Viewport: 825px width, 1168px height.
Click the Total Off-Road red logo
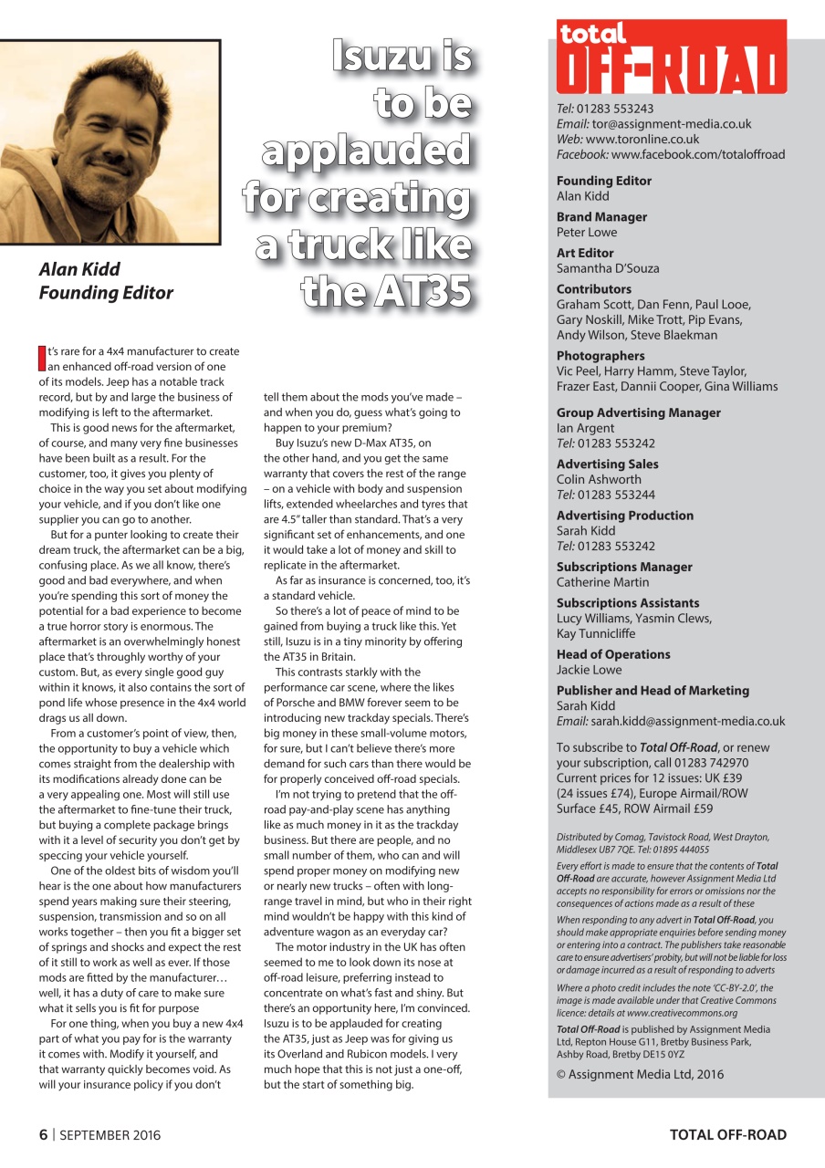(x=671, y=57)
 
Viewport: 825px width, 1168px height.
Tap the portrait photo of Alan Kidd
(x=110, y=142)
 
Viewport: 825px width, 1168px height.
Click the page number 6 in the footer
(x=42, y=1135)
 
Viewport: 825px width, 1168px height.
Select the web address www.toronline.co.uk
(x=642, y=140)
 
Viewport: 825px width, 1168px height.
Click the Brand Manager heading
(x=601, y=217)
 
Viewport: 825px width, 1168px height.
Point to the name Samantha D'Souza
(x=608, y=268)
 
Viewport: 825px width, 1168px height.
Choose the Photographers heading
(x=600, y=356)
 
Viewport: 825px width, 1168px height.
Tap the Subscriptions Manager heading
(x=624, y=567)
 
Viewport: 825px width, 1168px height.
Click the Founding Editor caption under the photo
(x=106, y=293)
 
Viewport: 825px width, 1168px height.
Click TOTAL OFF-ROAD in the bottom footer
(x=727, y=1135)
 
